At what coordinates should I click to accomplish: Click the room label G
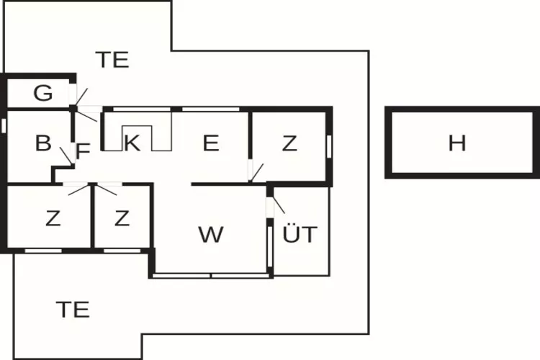43,92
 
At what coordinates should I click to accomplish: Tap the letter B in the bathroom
43,143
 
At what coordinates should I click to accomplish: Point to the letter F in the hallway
83,150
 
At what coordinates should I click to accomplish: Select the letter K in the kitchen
131,143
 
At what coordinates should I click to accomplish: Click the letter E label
210,143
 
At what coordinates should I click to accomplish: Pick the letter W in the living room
211,234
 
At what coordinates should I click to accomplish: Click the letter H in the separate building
457,143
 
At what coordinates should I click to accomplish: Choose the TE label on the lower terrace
73,309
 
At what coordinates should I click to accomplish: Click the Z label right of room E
289,143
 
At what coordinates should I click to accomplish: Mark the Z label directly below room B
53,218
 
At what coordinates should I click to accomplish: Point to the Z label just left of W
122,218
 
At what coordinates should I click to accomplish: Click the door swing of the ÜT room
277,203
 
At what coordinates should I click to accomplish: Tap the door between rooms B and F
66,155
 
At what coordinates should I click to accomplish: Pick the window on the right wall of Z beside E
329,144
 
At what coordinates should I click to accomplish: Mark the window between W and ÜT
269,245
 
